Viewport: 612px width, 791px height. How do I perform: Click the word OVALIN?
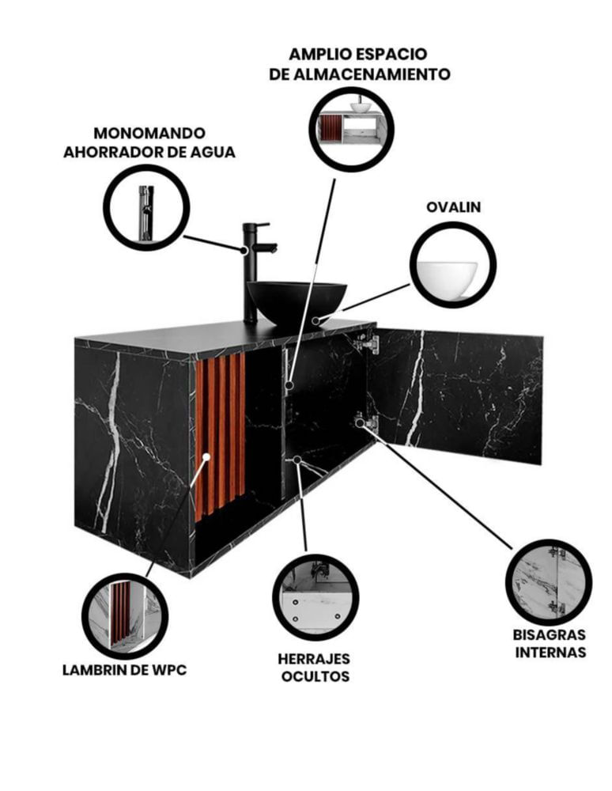[453, 206]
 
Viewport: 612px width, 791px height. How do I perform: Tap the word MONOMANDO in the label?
[149, 133]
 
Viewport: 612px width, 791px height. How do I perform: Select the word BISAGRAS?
[550, 634]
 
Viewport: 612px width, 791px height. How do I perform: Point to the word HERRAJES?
[314, 658]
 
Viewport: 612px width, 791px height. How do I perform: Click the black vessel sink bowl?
[297, 302]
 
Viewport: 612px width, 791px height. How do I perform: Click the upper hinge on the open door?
[367, 344]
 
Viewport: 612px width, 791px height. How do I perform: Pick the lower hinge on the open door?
[367, 422]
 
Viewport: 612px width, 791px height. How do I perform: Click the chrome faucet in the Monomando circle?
[146, 213]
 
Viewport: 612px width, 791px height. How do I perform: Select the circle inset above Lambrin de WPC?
[125, 616]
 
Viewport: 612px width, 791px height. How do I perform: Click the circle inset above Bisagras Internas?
[549, 581]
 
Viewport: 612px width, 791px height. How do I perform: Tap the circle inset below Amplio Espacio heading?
[351, 129]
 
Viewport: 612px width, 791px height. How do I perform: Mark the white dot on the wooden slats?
[206, 457]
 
